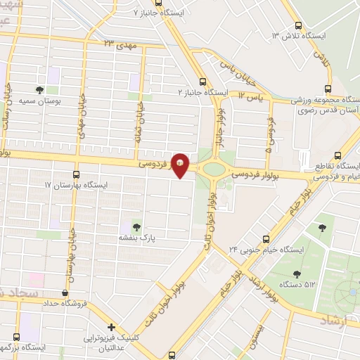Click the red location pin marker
[181, 165]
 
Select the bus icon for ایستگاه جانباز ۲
[202, 82]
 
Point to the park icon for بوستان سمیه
[39, 90]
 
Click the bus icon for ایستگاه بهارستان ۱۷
[76, 174]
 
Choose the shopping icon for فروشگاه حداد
[65, 293]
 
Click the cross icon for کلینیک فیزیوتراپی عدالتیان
[111, 327]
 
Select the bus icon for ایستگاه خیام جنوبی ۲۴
[265, 239]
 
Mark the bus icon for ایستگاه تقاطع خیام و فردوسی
[338, 155]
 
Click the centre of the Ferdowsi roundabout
[212, 168]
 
